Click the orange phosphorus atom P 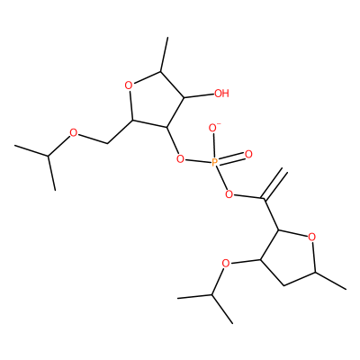pyautogui.click(x=215, y=163)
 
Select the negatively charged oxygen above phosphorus pyautogui.click(x=213, y=129)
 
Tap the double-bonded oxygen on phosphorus pyautogui.click(x=248, y=154)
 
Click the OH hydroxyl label pyautogui.click(x=221, y=94)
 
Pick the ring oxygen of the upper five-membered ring pyautogui.click(x=129, y=85)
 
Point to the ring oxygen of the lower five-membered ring pyautogui.click(x=312, y=238)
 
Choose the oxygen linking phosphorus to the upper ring pyautogui.click(x=180, y=158)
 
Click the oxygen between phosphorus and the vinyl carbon pyautogui.click(x=229, y=194)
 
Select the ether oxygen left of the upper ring pyautogui.click(x=73, y=132)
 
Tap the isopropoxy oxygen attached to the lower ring pyautogui.click(x=226, y=264)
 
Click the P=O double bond pyautogui.click(x=231, y=158)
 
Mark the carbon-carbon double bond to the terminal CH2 pyautogui.click(x=274, y=184)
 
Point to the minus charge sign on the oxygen pyautogui.click(x=219, y=123)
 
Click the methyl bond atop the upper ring pyautogui.click(x=165, y=55)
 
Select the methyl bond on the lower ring pyautogui.click(x=330, y=281)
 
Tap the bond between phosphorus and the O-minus pyautogui.click(x=214, y=146)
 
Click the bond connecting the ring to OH pyautogui.click(x=199, y=96)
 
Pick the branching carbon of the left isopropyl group pyautogui.click(x=48, y=156)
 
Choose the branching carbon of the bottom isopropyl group pyautogui.click(x=211, y=295)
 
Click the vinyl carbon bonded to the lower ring pyautogui.click(x=265, y=199)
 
